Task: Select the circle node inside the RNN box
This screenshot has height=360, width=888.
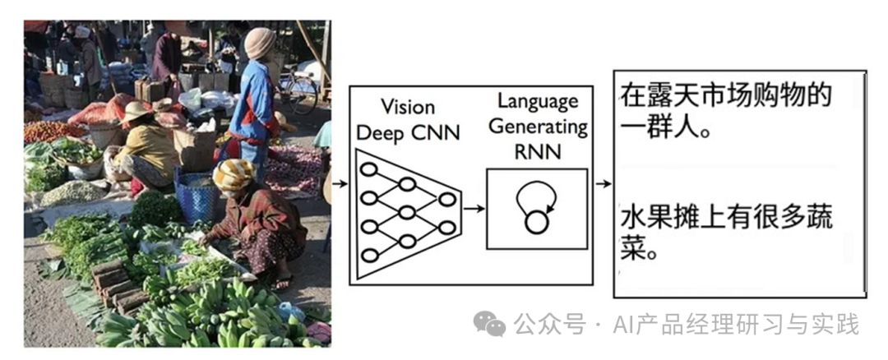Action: click(536, 220)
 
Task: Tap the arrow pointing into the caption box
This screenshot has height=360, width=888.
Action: click(603, 183)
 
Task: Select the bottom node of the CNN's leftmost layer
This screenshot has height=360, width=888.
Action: click(369, 255)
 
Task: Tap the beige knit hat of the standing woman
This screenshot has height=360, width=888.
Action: click(260, 44)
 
